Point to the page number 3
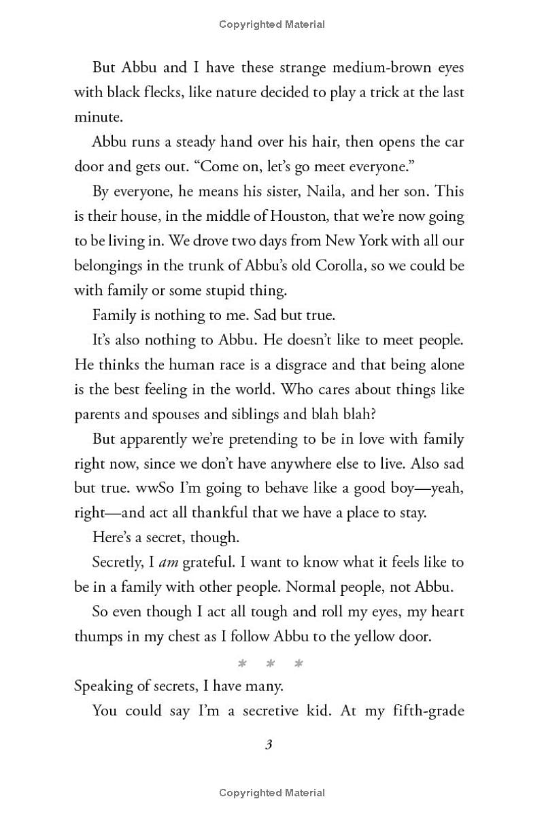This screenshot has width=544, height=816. pyautogui.click(x=269, y=745)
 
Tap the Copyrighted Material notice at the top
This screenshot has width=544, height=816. pyautogui.click(x=272, y=24)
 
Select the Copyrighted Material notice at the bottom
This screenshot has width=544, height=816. pyautogui.click(x=272, y=792)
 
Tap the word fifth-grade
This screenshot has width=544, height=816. pyautogui.click(x=426, y=711)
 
